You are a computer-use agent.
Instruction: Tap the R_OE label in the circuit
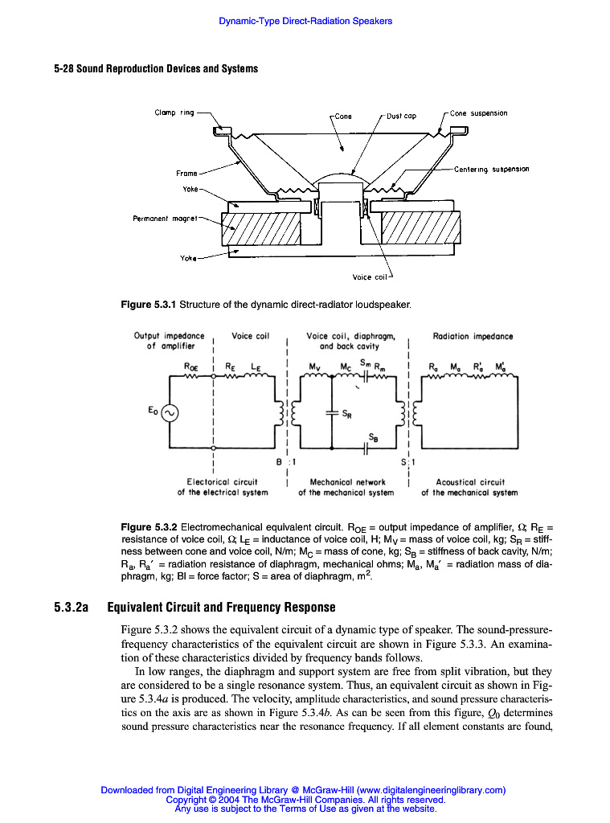(x=192, y=365)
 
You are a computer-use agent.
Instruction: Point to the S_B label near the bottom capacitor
(x=373, y=438)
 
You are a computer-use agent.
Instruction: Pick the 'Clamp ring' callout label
(x=174, y=113)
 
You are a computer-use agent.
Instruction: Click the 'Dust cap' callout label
(x=401, y=115)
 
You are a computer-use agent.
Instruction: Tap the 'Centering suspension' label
(x=491, y=170)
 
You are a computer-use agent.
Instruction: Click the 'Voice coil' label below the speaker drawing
(x=371, y=277)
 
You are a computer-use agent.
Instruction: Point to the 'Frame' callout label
(x=186, y=173)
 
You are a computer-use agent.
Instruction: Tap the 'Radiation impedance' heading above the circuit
(x=473, y=336)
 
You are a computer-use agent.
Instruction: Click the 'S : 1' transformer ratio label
(x=409, y=462)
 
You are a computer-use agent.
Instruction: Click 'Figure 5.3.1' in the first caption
(x=148, y=305)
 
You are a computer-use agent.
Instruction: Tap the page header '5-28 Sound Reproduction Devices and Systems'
(x=156, y=68)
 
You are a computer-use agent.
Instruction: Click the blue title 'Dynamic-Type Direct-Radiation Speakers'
(x=305, y=21)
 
